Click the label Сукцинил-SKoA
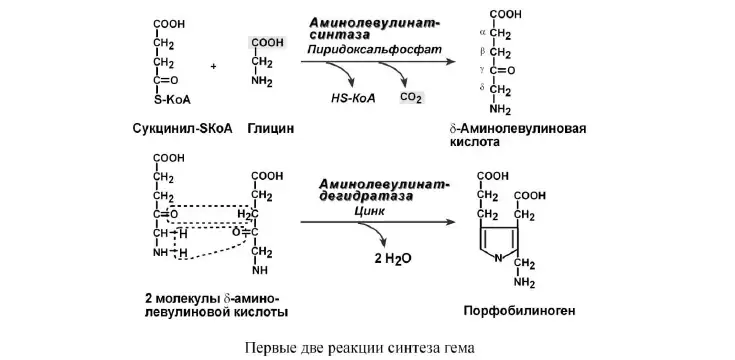pyautogui.click(x=182, y=128)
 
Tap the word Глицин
pyautogui.click(x=271, y=128)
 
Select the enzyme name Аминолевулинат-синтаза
pyautogui.click(x=375, y=28)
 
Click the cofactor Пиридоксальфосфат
pyautogui.click(x=375, y=49)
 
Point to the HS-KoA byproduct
pyautogui.click(x=353, y=98)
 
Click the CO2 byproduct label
pyautogui.click(x=411, y=98)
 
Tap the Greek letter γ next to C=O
pyautogui.click(x=483, y=70)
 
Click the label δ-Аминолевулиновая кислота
pyautogui.click(x=517, y=135)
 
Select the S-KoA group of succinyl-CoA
pyautogui.click(x=172, y=100)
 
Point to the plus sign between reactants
pyautogui.click(x=213, y=67)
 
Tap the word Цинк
pyautogui.click(x=370, y=211)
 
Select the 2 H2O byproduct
pyautogui.click(x=392, y=259)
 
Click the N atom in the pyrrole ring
pyautogui.click(x=499, y=257)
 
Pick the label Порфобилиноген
pyautogui.click(x=519, y=311)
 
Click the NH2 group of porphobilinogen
pyautogui.click(x=525, y=283)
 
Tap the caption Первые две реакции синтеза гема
pyautogui.click(x=360, y=348)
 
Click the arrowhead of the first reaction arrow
pyautogui.click(x=450, y=61)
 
